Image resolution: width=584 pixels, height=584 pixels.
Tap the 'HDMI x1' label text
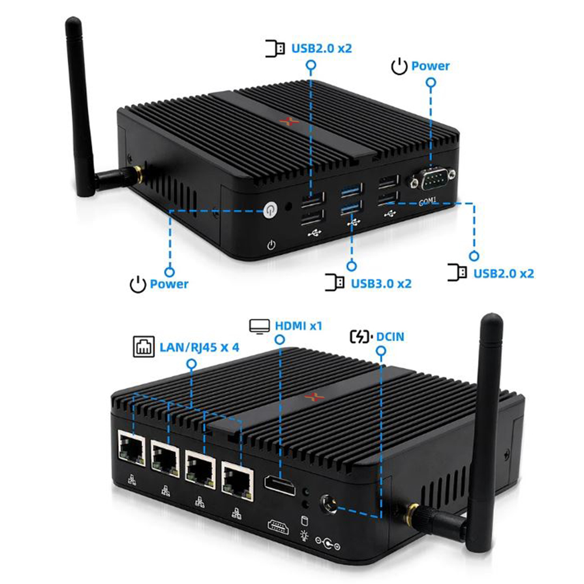(x=298, y=325)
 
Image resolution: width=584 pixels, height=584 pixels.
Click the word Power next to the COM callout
(x=430, y=66)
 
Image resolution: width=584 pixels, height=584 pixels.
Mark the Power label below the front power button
(x=169, y=284)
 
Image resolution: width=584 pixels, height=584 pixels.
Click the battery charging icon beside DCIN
(x=360, y=337)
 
